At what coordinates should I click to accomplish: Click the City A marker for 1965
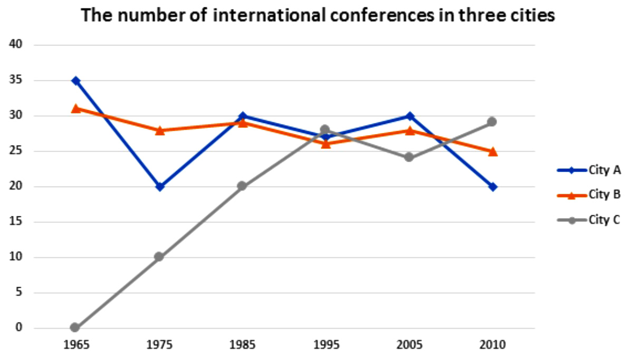click(x=75, y=81)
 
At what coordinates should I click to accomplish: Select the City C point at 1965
click(x=75, y=328)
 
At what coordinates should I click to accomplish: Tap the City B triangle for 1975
click(x=159, y=130)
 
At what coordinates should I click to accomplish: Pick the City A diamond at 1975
click(x=159, y=187)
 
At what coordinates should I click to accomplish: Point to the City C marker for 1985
click(x=242, y=186)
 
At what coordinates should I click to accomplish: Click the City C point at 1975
click(x=159, y=257)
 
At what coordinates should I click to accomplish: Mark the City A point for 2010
click(x=493, y=187)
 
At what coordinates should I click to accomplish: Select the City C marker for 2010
click(x=493, y=122)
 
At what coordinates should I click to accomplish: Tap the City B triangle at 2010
click(x=493, y=151)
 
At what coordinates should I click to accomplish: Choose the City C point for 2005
click(x=409, y=157)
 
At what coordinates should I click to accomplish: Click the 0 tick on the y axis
click(x=19, y=328)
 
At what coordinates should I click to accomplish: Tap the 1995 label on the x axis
click(x=326, y=346)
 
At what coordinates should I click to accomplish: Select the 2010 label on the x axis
click(x=493, y=346)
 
